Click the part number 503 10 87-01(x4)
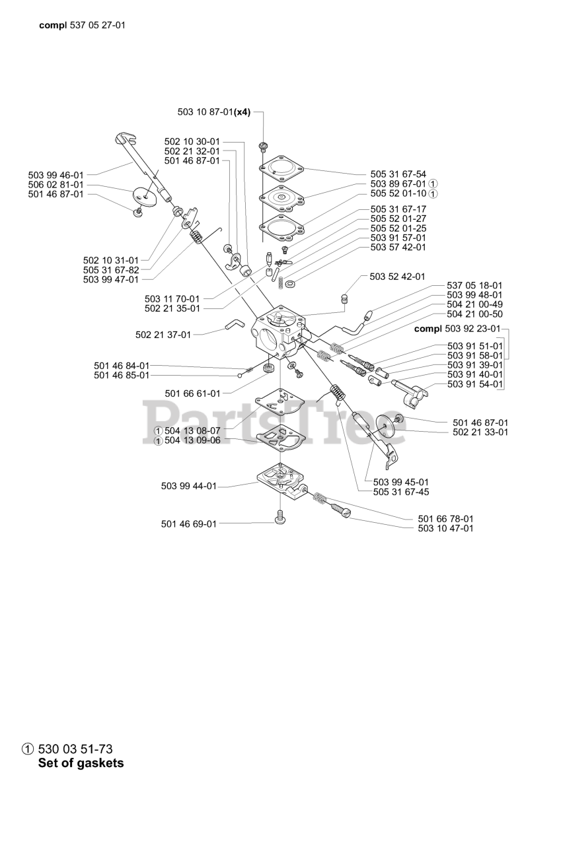pos(213,112)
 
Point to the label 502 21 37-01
pos(163,335)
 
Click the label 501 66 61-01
pos(192,393)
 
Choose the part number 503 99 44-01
pos(188,486)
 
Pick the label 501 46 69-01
pos(188,524)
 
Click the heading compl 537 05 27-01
pos(83,25)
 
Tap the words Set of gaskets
pos(81,763)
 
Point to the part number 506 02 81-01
pos(56,184)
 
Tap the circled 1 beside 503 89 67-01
pos(433,184)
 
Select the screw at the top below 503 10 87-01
pos(263,145)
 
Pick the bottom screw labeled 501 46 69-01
pos(280,518)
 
